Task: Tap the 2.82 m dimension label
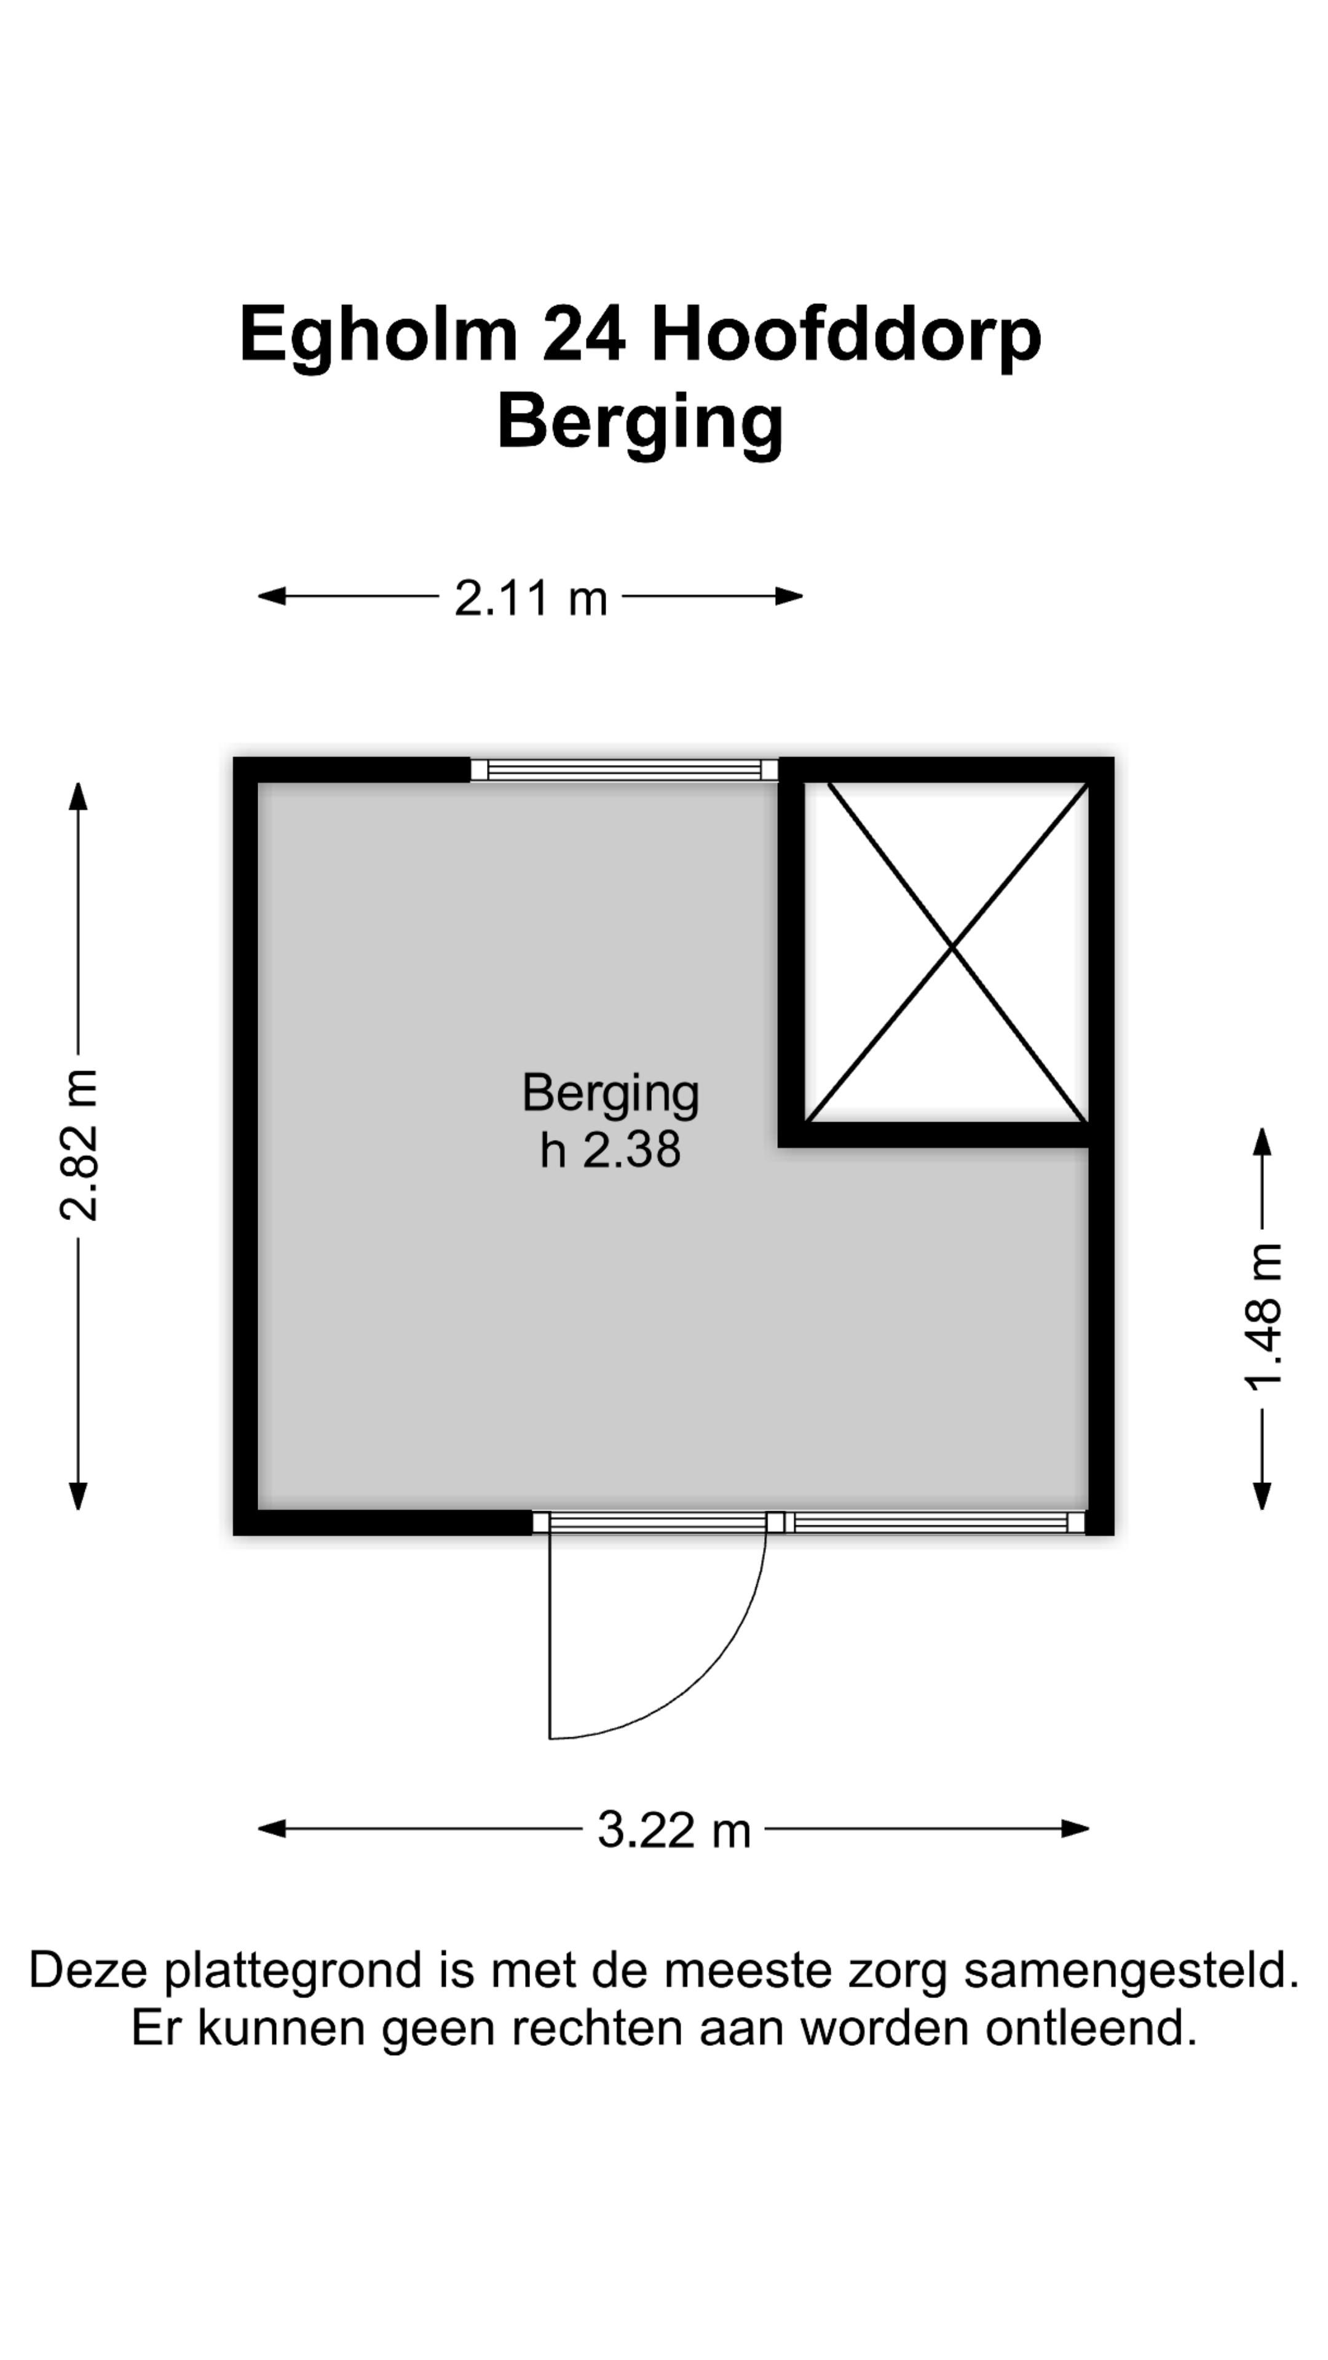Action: [79, 1144]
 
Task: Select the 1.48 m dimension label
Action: [1263, 1318]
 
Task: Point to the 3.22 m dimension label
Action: [674, 1830]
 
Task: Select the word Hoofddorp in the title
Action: [846, 336]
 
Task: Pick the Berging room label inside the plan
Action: [611, 1095]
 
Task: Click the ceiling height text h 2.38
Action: [611, 1150]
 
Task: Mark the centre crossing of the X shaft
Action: [952, 950]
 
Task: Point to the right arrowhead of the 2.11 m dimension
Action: [789, 596]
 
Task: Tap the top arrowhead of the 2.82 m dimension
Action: [79, 796]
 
